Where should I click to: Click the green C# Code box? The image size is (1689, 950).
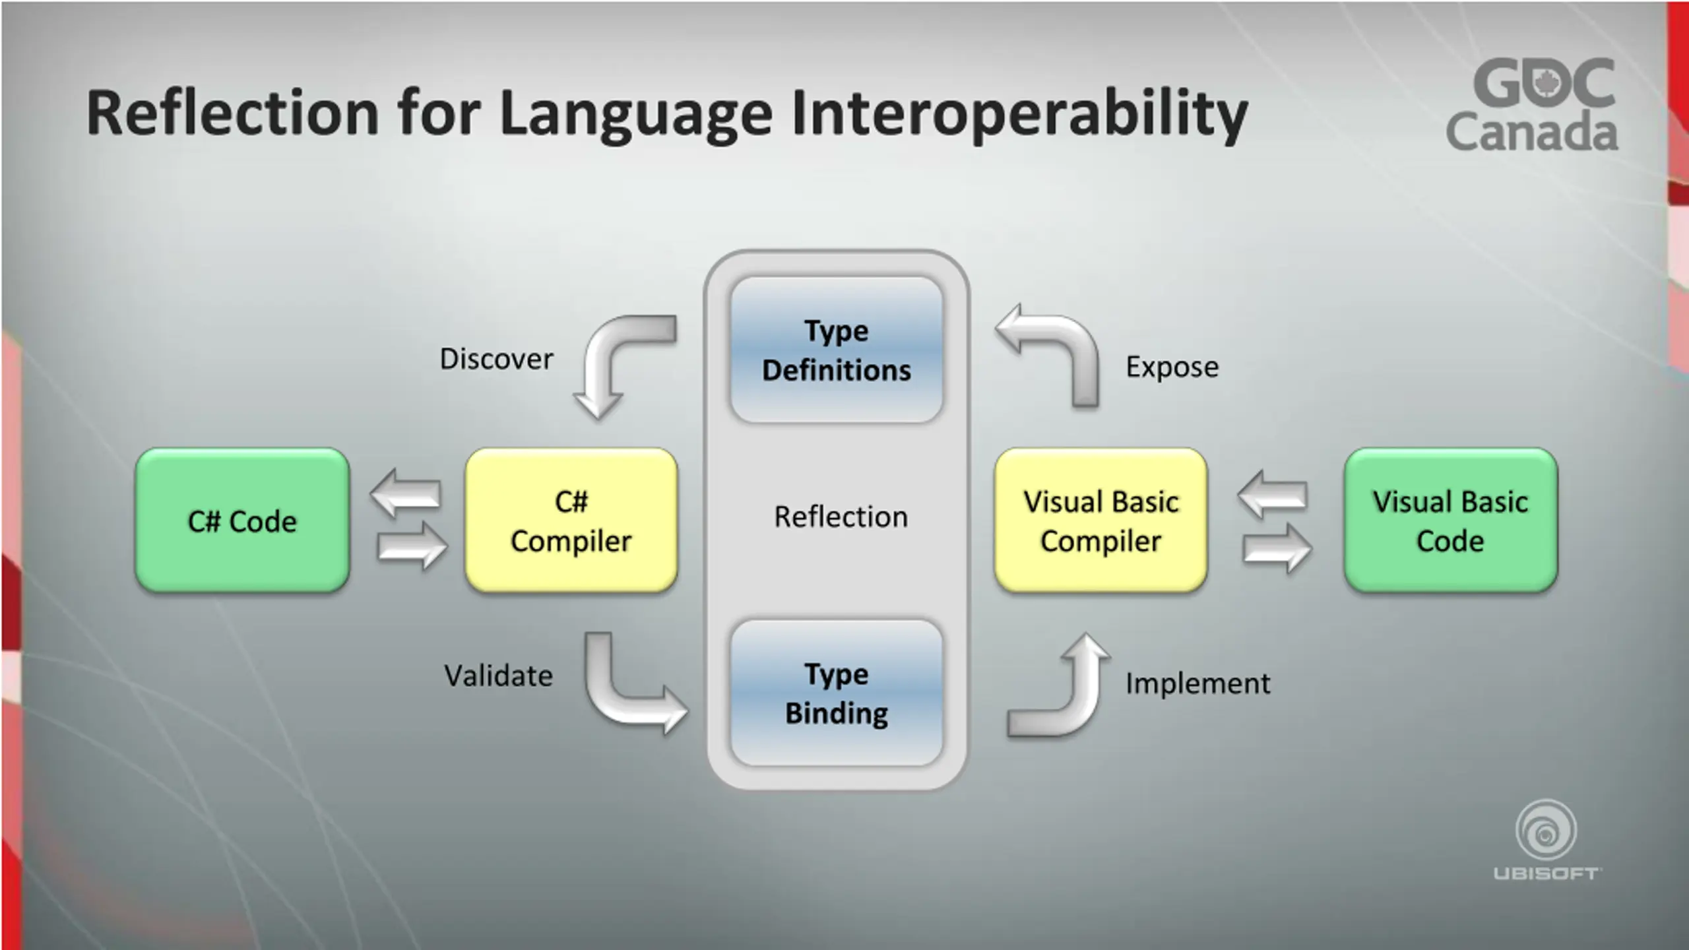coord(242,521)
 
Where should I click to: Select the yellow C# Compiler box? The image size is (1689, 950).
coord(571,521)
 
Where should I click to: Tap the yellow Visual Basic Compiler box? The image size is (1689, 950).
coord(1100,521)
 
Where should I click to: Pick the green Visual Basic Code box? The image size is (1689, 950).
coord(1450,521)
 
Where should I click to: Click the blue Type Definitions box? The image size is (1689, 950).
coord(837,350)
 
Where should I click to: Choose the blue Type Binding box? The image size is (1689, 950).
coord(837,693)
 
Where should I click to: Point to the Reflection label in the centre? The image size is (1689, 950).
coord(841,517)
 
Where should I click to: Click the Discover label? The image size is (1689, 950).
coord(496,360)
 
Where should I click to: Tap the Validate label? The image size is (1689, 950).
coord(498,676)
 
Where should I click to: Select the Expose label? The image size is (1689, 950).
coord(1172,367)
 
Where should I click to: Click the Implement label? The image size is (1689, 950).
coord(1197,683)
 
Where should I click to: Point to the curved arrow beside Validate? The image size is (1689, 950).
coord(620,693)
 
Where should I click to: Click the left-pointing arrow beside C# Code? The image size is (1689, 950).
coord(405,493)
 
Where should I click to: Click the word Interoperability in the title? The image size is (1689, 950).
coord(1019,113)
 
